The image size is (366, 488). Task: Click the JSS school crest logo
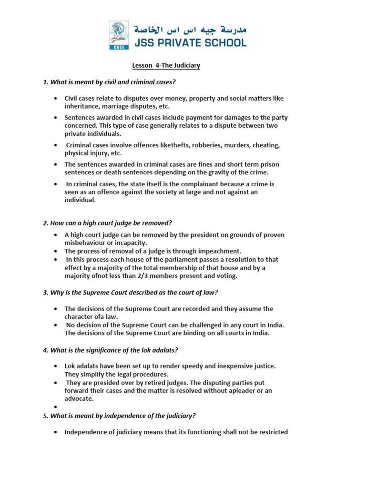click(119, 35)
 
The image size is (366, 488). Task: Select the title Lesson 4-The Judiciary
click(165, 66)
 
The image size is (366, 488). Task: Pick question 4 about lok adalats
click(110, 350)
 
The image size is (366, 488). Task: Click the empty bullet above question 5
click(56, 407)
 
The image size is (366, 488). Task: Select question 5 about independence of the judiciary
click(119, 416)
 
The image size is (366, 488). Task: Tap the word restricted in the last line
click(272, 432)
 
